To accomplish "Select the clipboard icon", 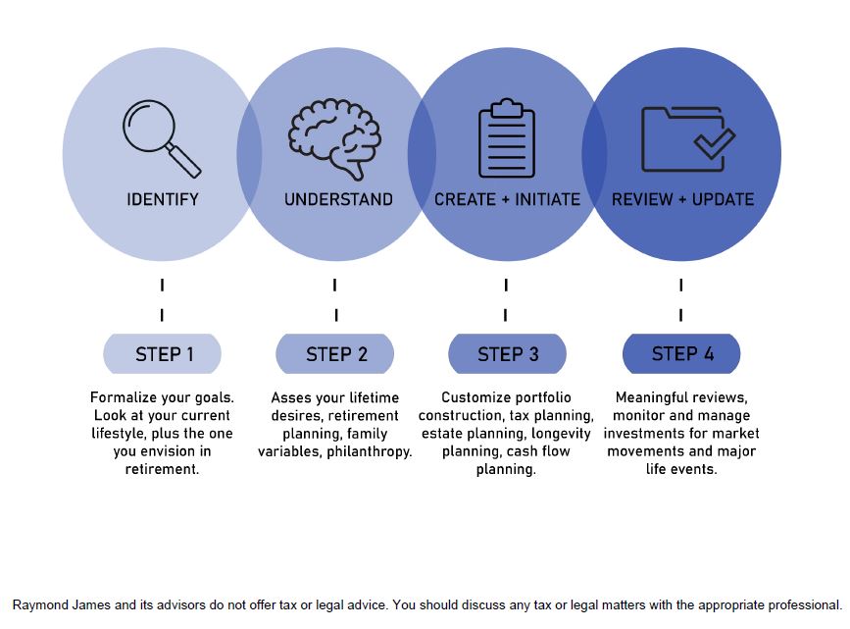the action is click(506, 137).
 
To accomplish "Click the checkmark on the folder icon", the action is click(715, 142).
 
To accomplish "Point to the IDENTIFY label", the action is click(163, 200).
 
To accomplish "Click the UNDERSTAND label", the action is click(338, 200).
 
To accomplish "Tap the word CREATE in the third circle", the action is click(465, 200).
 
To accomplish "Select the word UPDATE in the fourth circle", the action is click(724, 200).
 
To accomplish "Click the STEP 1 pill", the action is click(163, 354).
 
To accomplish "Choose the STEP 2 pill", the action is click(335, 354).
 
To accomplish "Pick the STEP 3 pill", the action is click(508, 354).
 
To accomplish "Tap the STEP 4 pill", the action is click(682, 354).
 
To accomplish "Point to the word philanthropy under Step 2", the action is click(370, 452).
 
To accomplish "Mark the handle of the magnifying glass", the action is click(183, 160).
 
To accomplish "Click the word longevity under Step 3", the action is click(561, 434).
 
